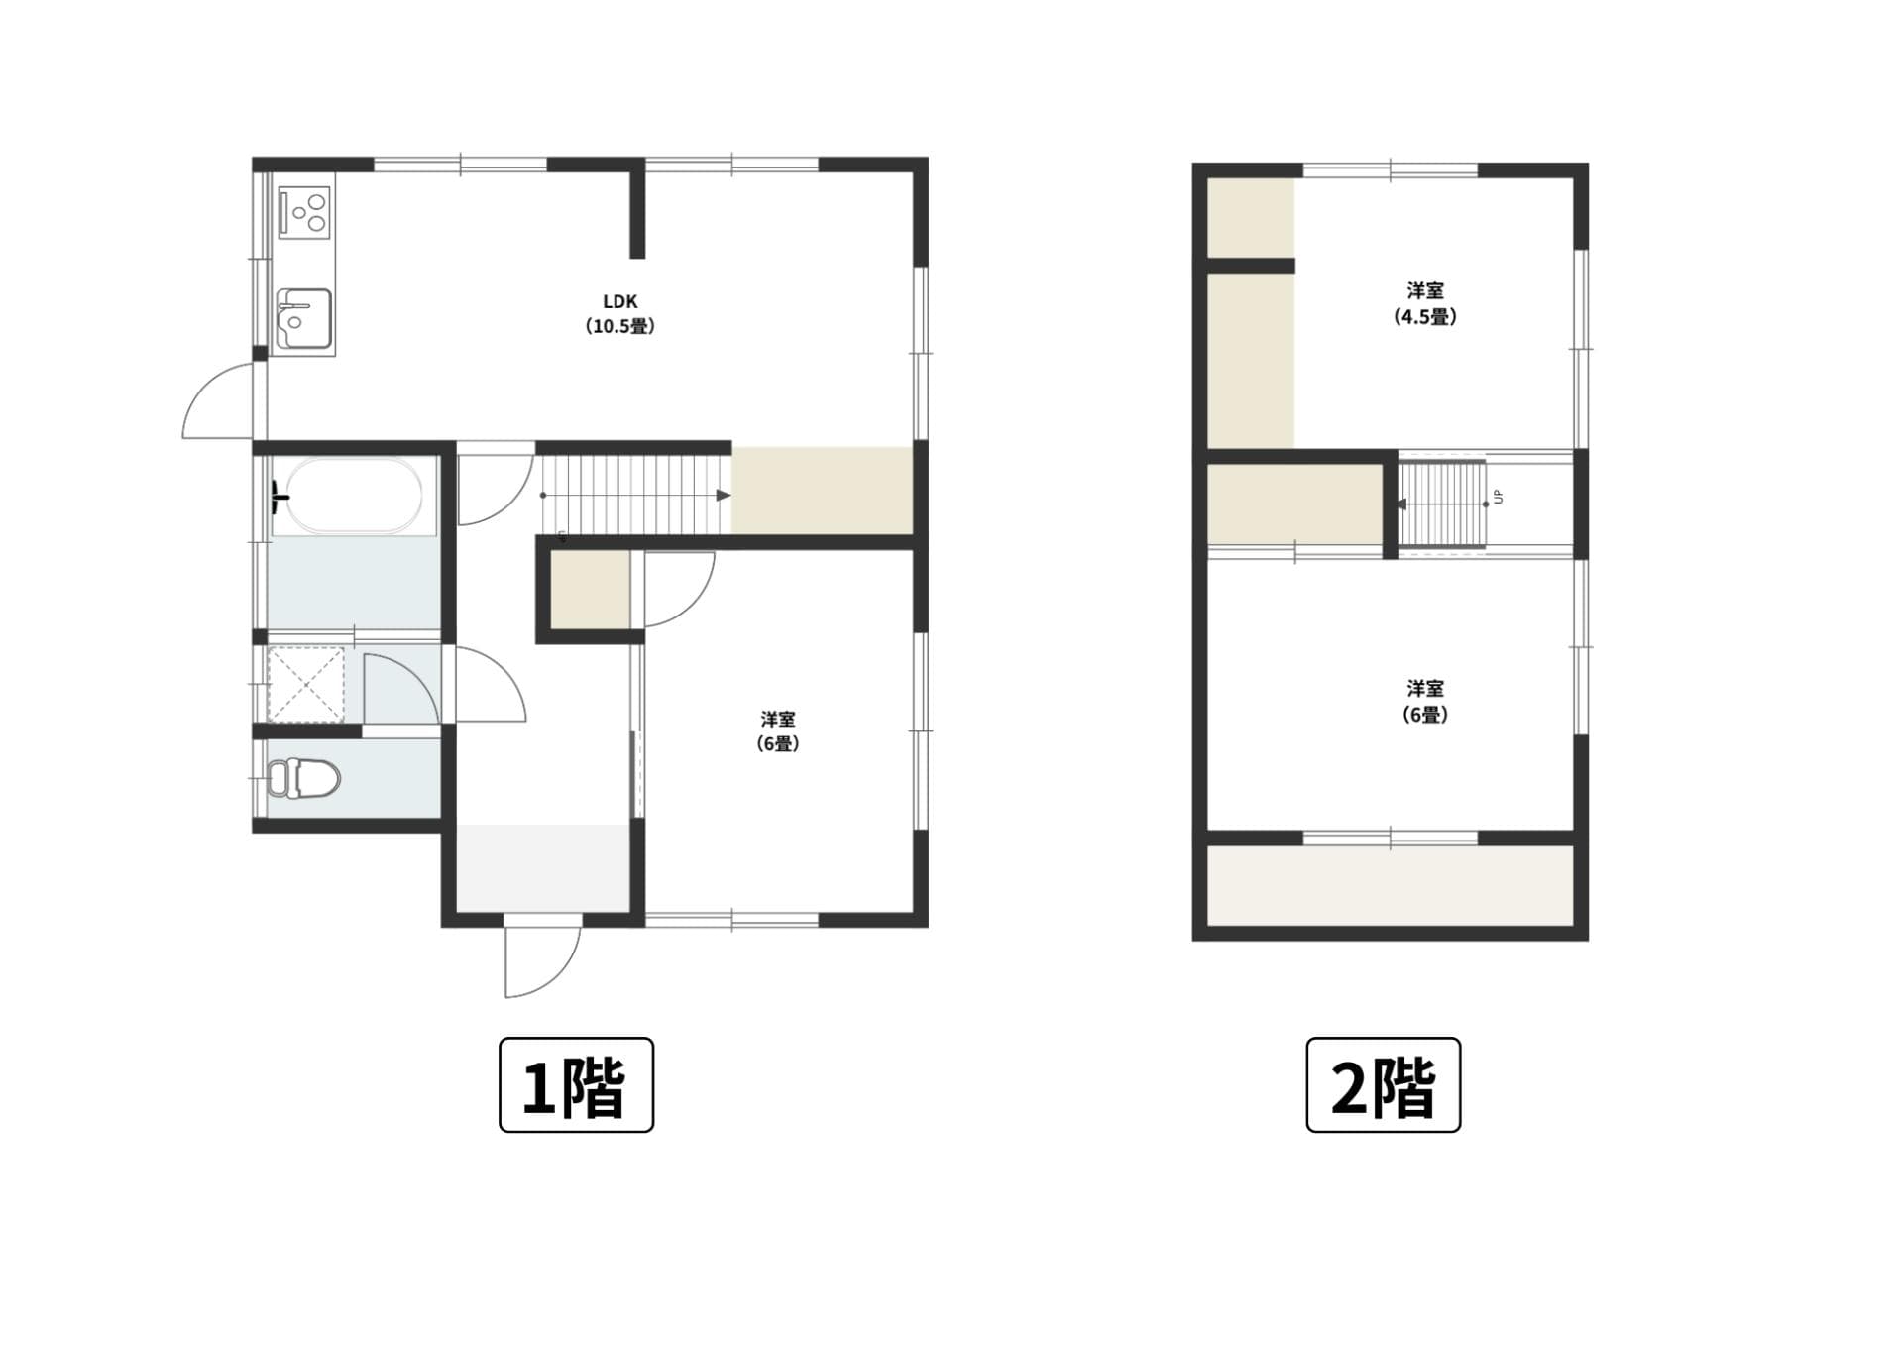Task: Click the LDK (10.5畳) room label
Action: [x=619, y=313]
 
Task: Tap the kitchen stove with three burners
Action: [x=304, y=212]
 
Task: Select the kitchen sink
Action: [x=304, y=318]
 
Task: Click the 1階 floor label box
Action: [x=576, y=1084]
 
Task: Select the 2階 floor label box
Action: [x=1383, y=1084]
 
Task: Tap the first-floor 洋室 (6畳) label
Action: [x=778, y=730]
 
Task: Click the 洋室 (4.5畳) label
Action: [x=1425, y=303]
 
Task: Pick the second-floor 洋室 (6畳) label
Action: [x=1425, y=701]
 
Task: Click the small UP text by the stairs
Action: [x=1499, y=496]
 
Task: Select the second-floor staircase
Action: [x=1442, y=504]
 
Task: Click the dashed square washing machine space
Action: [x=306, y=685]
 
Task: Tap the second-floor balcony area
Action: [x=1390, y=884]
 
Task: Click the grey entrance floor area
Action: [x=544, y=867]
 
